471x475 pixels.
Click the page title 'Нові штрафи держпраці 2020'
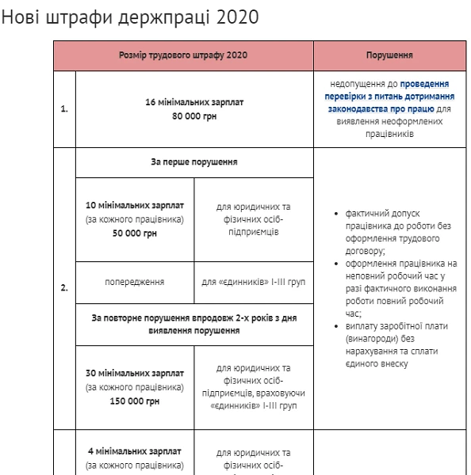(131, 17)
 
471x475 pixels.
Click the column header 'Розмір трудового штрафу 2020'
(183, 56)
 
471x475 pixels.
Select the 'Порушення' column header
(389, 56)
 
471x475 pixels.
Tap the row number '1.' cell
(64, 109)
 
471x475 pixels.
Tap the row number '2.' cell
(64, 288)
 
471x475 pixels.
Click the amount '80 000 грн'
(193, 116)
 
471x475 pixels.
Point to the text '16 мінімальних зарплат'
(193, 103)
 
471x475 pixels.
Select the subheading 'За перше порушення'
(193, 162)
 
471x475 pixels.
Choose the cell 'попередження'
(134, 282)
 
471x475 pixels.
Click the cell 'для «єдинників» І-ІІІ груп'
(253, 282)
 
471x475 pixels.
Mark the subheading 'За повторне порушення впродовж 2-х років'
(193, 324)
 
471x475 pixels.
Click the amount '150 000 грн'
(134, 401)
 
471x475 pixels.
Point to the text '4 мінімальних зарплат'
(134, 452)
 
